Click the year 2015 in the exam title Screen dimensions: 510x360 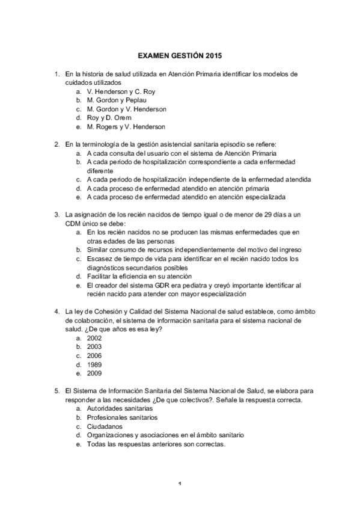213,56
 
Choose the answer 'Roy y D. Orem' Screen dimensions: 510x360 109,118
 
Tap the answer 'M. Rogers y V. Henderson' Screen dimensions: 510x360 126,127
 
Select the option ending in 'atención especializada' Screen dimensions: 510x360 186,197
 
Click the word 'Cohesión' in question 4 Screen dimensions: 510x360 102,312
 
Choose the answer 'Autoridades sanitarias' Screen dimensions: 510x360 120,408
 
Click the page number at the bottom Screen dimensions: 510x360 180,483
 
